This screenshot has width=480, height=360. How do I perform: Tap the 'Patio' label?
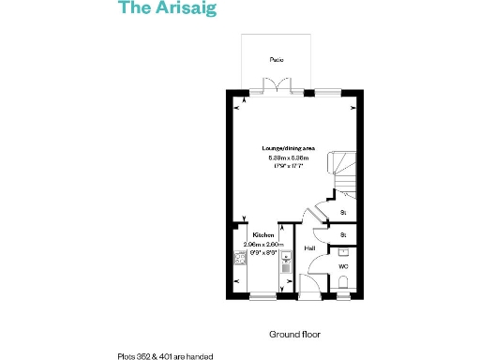tap(277, 59)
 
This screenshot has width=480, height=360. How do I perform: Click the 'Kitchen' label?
tap(262, 235)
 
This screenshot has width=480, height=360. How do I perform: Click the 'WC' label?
tap(342, 267)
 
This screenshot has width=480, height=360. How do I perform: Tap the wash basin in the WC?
tap(344, 251)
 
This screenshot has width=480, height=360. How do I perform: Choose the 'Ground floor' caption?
tap(290, 334)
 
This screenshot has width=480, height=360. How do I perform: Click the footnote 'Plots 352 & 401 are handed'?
tap(165, 355)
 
